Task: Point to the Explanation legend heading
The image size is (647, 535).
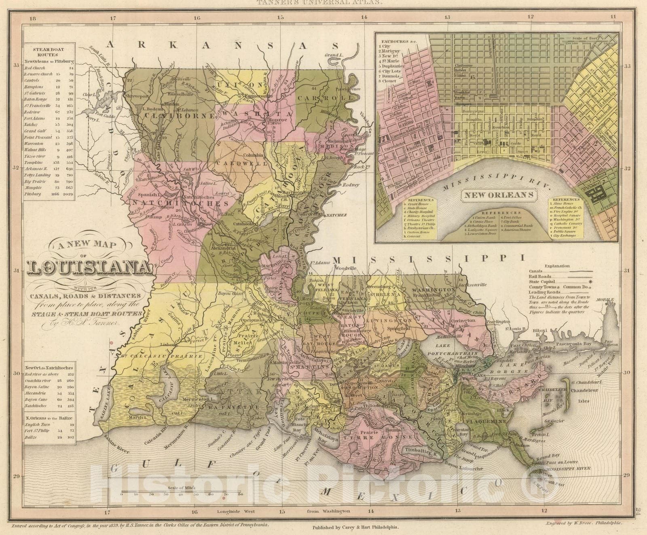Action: pos(557,266)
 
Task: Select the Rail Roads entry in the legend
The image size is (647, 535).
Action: pos(539,276)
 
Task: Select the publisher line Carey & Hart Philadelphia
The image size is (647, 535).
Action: pos(355,528)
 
